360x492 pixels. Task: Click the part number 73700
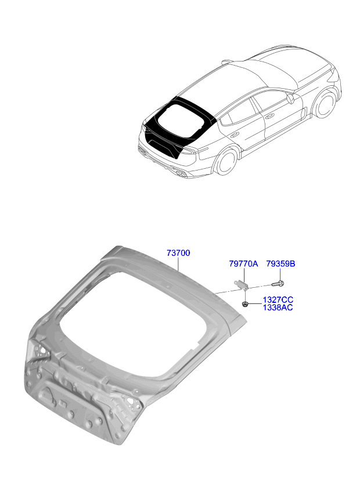tap(178, 254)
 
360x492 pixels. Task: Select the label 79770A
tap(243, 264)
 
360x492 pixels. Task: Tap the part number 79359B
tap(281, 264)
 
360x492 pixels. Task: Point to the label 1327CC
tap(278, 299)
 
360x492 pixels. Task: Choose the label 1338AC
tap(278, 307)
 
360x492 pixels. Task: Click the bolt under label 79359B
tap(278, 284)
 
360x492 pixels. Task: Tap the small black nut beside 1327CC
tap(246, 304)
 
